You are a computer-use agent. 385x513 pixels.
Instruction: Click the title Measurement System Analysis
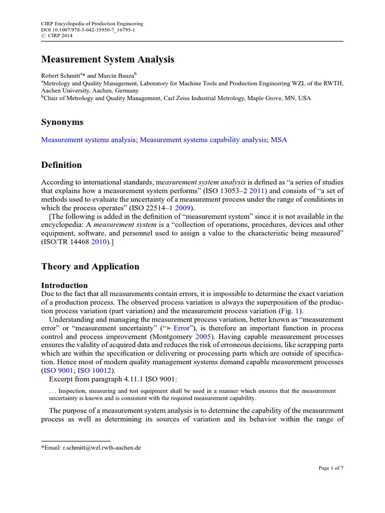tap(107, 60)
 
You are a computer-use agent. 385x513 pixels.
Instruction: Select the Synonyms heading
tap(62, 122)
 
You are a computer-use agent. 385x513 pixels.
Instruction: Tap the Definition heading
tap(61, 165)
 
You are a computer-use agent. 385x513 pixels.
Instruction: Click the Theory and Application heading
tap(90, 267)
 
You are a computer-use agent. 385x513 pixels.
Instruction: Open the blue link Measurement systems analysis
tap(89, 140)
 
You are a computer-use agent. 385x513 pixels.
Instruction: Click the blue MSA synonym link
tap(279, 140)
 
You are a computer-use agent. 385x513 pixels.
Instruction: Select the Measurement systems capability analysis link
tap(203, 140)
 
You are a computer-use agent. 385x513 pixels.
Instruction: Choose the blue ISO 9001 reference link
tap(56, 371)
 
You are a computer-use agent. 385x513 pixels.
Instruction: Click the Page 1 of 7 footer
tap(331, 468)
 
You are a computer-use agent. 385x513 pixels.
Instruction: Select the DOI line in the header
tap(88, 30)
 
